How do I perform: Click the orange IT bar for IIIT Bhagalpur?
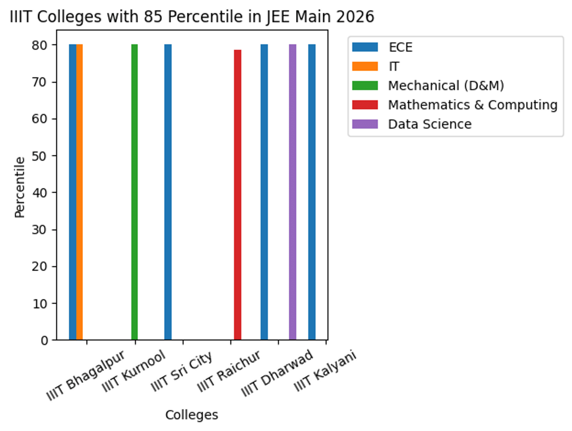click(80, 191)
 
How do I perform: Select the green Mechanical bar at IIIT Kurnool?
click(134, 191)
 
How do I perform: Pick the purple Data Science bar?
click(293, 191)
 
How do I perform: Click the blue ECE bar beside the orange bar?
click(72, 191)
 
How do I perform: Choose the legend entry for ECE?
click(399, 47)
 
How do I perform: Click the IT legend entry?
click(393, 67)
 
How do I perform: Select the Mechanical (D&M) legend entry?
click(446, 86)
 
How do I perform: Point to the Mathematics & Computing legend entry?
click(472, 105)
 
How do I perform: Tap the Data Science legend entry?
click(429, 124)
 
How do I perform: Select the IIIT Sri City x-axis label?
click(181, 372)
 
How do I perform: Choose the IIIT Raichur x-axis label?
click(229, 372)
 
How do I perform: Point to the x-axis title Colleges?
click(192, 415)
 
